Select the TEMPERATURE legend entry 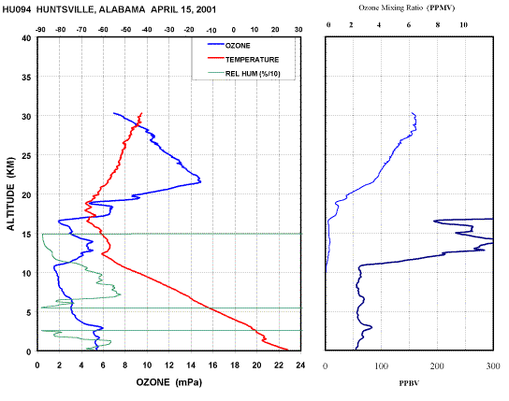pyautogui.click(x=243, y=59)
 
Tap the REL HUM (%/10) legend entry pyautogui.click(x=244, y=74)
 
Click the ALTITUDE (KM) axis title pyautogui.click(x=10, y=193)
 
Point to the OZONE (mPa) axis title pyautogui.click(x=168, y=382)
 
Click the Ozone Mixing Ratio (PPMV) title pyautogui.click(x=407, y=7)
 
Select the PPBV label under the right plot pyautogui.click(x=409, y=383)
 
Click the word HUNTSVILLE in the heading pyautogui.click(x=65, y=9)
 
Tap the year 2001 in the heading pyautogui.click(x=206, y=9)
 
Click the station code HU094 pyautogui.click(x=17, y=9)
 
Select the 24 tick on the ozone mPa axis pyautogui.click(x=300, y=365)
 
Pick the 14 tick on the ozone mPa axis pyautogui.click(x=191, y=365)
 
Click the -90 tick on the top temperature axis pyautogui.click(x=40, y=30)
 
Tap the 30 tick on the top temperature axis pyautogui.click(x=298, y=30)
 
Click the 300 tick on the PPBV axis pyautogui.click(x=493, y=366)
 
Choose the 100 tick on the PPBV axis pyautogui.click(x=381, y=366)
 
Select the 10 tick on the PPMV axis pyautogui.click(x=463, y=25)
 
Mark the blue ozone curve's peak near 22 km pyautogui.click(x=200, y=181)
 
